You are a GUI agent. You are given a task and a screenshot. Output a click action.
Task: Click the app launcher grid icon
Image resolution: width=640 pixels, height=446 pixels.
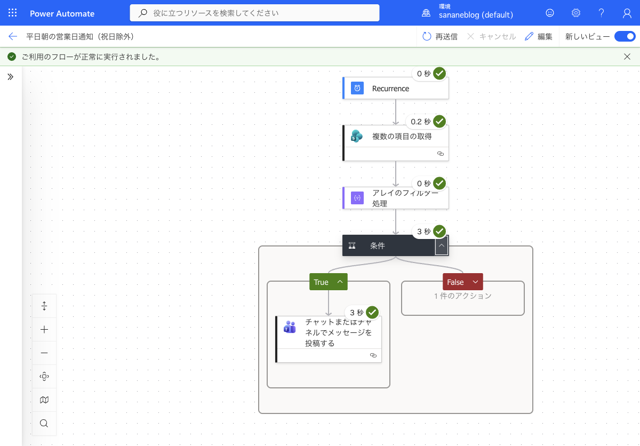pos(13,13)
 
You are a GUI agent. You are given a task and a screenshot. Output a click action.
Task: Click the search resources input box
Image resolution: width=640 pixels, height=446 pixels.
pos(254,13)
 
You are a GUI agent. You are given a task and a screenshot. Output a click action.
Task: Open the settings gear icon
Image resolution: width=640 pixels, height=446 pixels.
pos(575,13)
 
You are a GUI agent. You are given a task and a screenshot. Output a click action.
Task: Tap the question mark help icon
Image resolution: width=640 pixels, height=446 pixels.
pos(601,13)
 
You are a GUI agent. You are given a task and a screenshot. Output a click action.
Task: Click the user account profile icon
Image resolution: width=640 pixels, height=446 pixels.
pos(627,13)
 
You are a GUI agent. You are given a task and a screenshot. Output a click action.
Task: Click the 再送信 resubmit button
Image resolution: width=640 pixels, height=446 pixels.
pos(440,37)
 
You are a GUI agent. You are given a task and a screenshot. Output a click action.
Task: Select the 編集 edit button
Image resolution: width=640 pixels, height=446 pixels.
pos(539,37)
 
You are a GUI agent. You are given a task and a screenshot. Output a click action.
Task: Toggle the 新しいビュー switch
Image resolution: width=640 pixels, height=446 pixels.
pos(625,37)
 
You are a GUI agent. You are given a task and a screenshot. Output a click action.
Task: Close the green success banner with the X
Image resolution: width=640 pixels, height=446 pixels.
pos(627,57)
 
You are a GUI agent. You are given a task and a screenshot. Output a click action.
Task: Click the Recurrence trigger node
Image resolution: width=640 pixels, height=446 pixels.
pos(396,88)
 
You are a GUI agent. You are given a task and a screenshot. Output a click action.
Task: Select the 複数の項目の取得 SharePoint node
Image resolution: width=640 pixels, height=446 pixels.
pos(396,143)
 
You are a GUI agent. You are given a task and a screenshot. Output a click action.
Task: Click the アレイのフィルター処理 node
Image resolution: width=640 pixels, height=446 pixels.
pos(396,198)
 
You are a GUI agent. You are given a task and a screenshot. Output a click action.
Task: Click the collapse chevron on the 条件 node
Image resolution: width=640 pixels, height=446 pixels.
pos(442,246)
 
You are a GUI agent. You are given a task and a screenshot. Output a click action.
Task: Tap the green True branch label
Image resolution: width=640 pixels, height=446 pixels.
pos(329,282)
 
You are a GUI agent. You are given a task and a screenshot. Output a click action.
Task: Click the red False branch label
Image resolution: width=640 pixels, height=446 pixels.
pos(463,282)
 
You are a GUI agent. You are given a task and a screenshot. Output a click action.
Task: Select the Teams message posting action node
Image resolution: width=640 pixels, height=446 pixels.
pos(329,339)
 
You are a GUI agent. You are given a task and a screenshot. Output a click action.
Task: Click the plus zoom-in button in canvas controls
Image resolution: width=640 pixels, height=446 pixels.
pos(44,329)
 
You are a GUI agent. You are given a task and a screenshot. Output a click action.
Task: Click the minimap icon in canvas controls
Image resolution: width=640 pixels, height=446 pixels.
pos(44,400)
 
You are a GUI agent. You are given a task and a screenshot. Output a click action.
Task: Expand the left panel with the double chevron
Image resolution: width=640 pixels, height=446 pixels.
pos(11,77)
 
